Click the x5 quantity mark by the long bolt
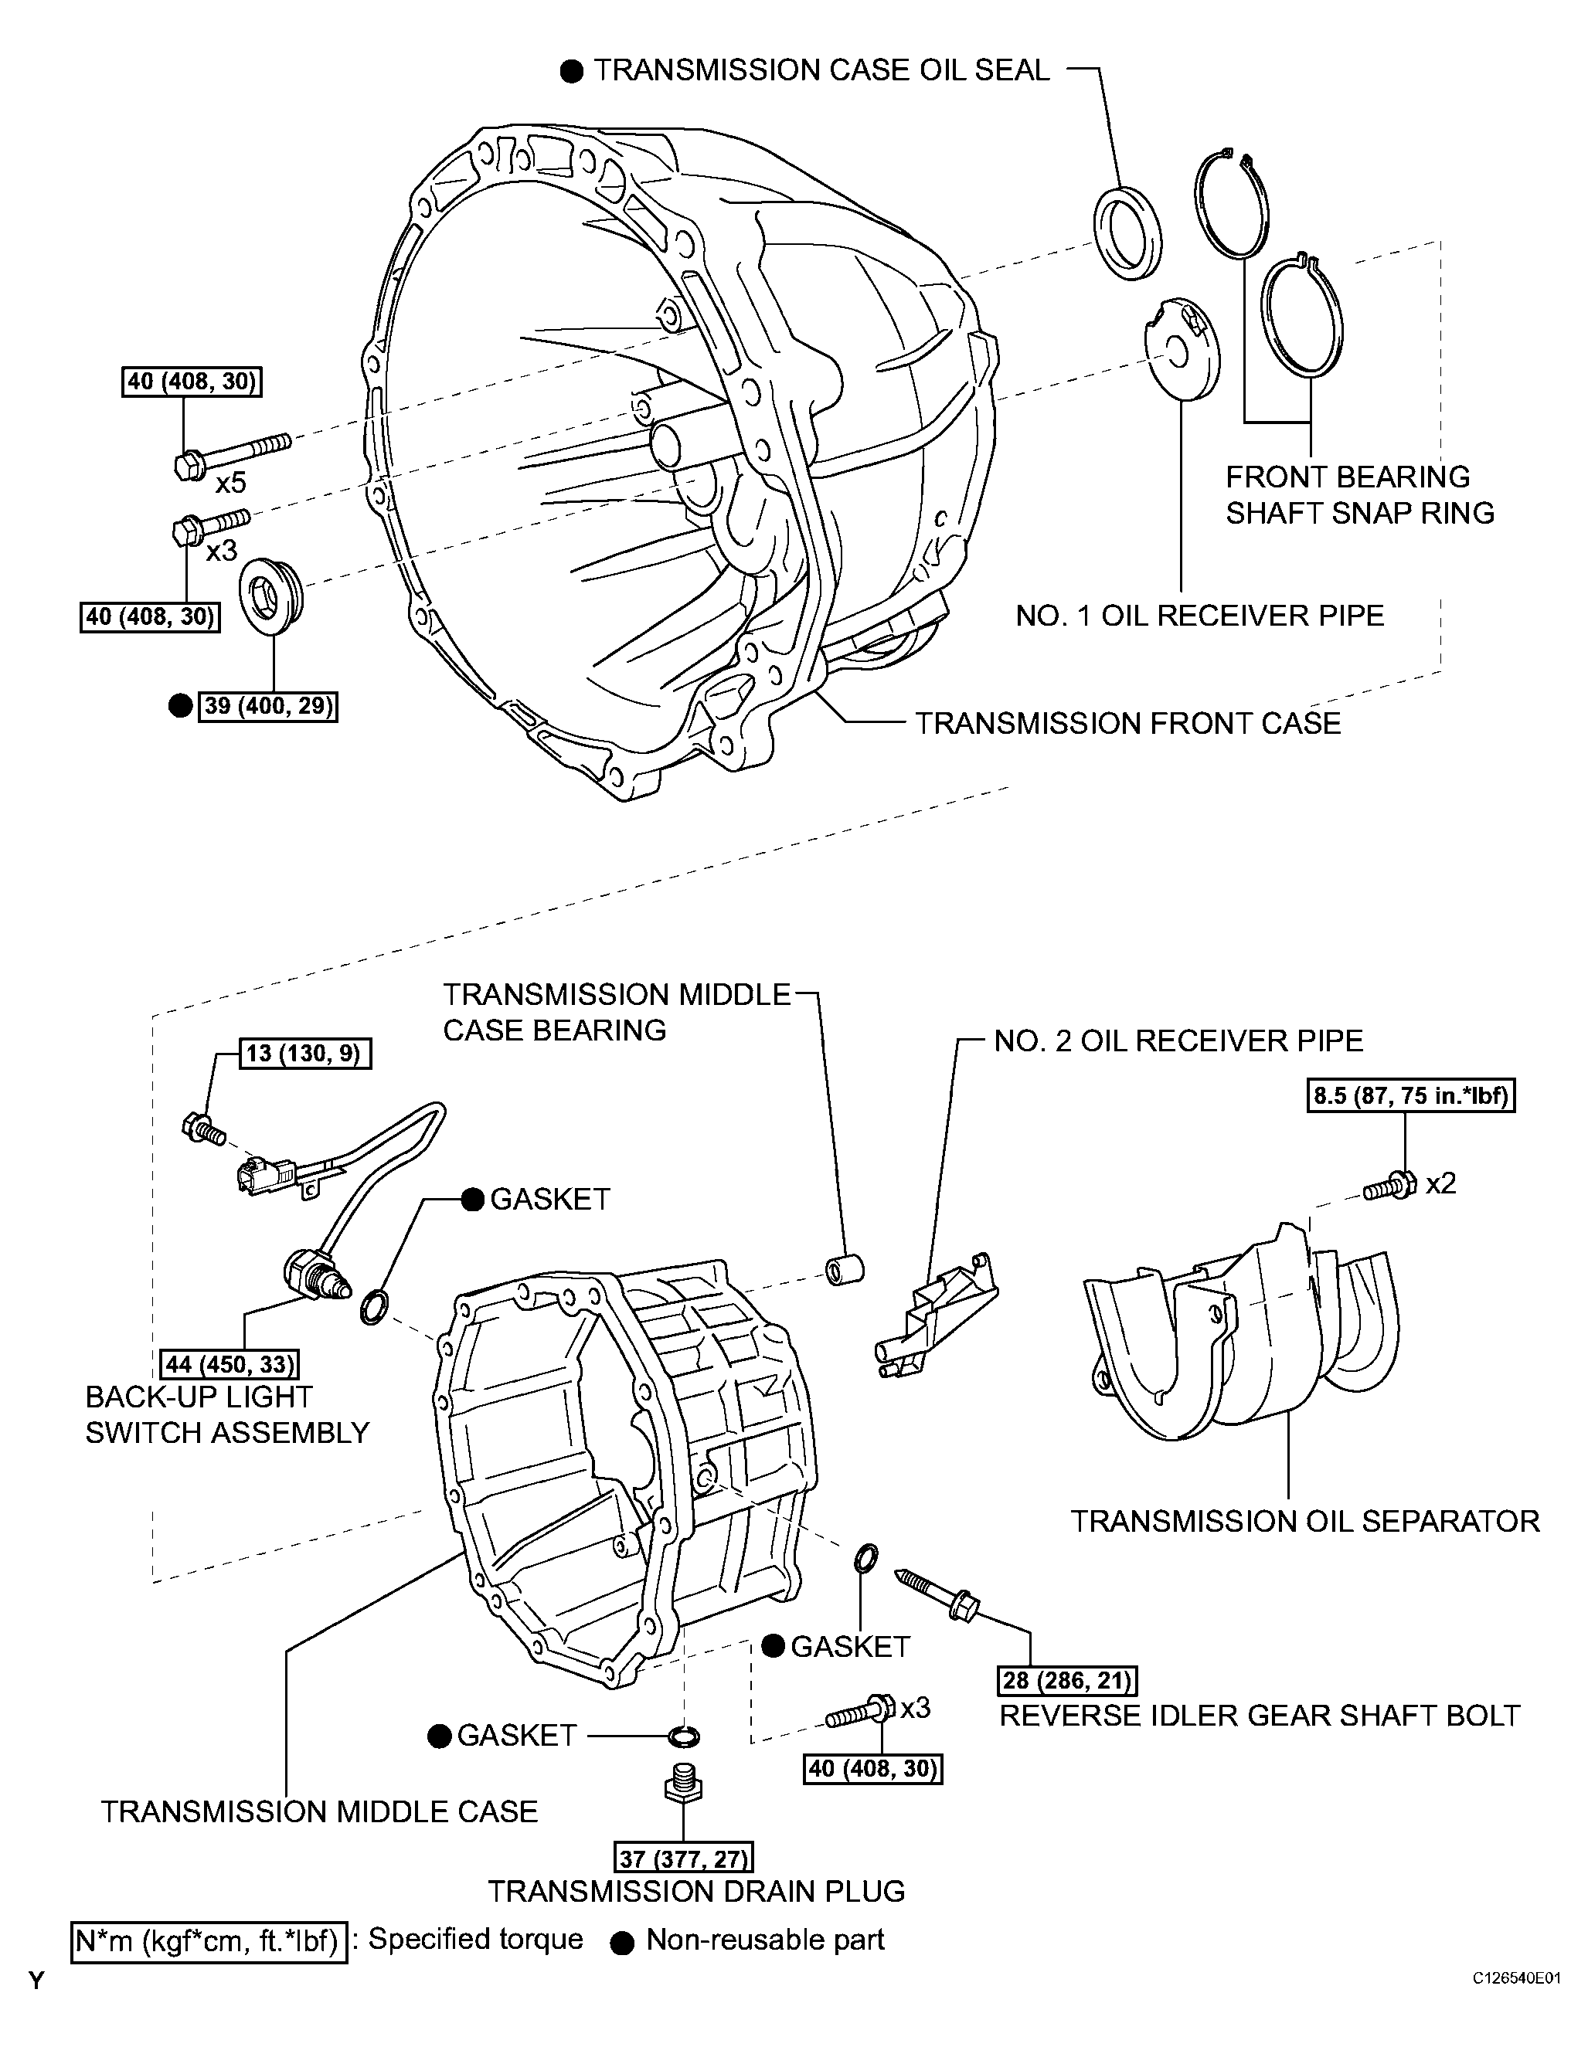coord(230,483)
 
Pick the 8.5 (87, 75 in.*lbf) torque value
coord(1410,1095)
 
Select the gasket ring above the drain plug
coord(685,1736)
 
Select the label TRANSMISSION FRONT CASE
coord(1127,723)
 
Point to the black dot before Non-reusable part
coord(621,1943)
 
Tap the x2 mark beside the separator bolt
coord(1441,1183)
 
